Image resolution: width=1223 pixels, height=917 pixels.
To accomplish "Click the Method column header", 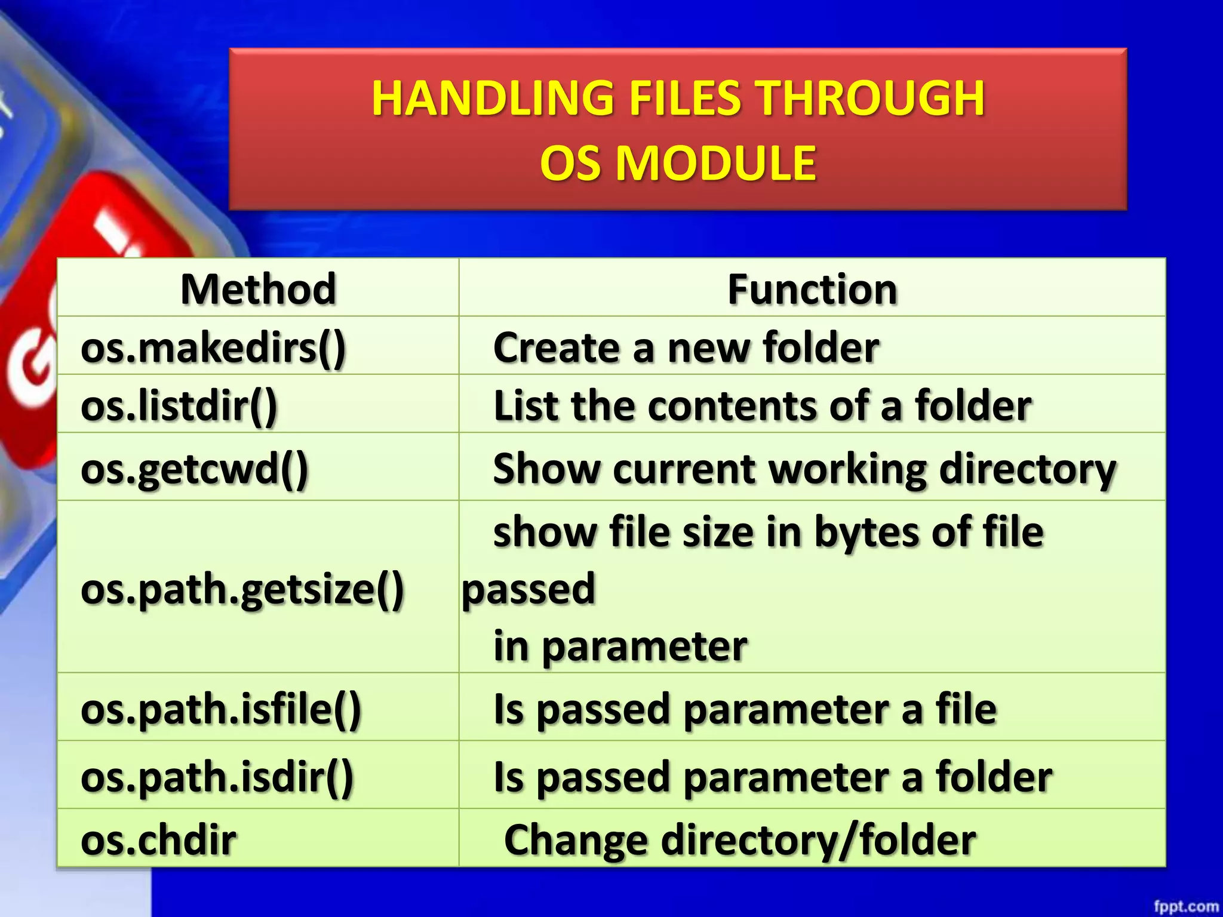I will (259, 290).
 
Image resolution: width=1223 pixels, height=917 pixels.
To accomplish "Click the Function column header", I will (812, 290).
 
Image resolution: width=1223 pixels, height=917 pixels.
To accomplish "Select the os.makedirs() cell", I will (213, 348).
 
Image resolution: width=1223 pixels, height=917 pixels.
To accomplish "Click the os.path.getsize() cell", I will (242, 589).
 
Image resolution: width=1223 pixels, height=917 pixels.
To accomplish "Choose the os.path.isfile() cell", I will (221, 709).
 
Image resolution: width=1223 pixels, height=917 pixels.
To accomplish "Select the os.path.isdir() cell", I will (217, 777).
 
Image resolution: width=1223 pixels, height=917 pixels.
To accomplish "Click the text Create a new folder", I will (686, 348).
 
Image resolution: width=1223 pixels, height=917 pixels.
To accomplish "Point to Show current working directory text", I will (804, 469).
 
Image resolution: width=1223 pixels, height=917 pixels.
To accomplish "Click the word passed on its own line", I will (529, 589).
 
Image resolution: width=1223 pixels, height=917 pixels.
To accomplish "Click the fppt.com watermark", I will (1186, 906).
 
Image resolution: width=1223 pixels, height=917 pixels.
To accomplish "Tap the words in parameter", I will (620, 647).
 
